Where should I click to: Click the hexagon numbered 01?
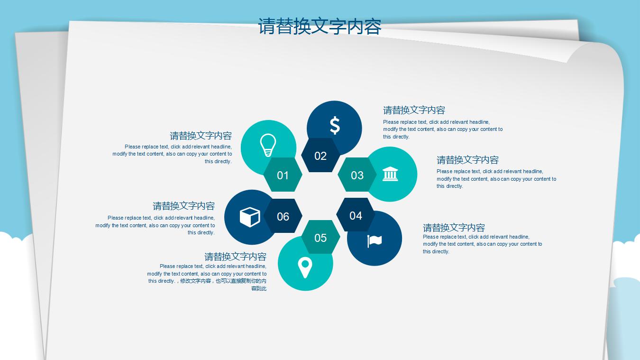(283, 175)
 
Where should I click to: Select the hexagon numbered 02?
(320, 156)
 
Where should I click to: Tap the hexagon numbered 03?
(357, 175)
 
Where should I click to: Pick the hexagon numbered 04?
(356, 215)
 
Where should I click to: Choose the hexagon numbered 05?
(320, 237)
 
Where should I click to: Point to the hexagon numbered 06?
(283, 216)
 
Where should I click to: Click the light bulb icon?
(268, 145)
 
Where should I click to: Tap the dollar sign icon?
(335, 126)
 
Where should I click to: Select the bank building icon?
(390, 174)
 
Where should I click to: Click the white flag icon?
(375, 241)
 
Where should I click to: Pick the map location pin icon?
(305, 267)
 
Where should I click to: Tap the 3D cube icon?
(249, 217)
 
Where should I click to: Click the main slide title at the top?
(320, 27)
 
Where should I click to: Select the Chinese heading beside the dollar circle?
(414, 111)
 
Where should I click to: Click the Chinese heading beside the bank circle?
(467, 160)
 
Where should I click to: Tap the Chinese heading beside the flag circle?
(454, 228)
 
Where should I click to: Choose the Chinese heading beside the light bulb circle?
(201, 136)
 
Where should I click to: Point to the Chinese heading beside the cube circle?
(183, 206)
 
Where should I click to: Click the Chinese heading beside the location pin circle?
(235, 257)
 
